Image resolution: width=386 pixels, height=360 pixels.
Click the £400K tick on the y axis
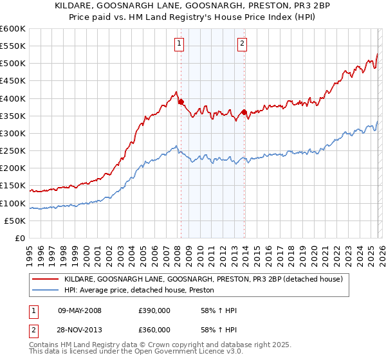point(13,98)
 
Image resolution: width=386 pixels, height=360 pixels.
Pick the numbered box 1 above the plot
point(178,44)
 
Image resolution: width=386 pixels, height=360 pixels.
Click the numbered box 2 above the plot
point(242,44)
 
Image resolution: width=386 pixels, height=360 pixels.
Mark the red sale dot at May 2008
point(181,102)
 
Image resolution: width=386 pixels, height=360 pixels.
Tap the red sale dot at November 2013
point(244,112)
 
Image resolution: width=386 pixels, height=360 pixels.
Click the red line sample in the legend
point(46,280)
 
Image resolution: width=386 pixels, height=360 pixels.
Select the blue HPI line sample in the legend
point(46,291)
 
